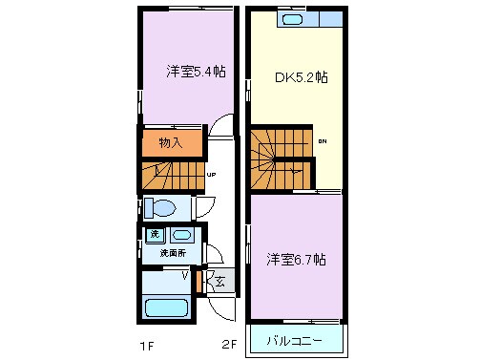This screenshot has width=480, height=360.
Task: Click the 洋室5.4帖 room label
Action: coord(196,71)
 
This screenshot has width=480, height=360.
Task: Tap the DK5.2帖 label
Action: coord(302,77)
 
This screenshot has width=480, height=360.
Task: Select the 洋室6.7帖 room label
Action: coord(295,259)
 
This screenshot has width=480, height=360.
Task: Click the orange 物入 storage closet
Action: coord(172,143)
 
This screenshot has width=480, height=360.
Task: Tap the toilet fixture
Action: coord(163,207)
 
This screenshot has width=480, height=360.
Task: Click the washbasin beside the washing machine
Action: coord(182,235)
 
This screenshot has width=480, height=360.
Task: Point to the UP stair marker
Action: coord(210,175)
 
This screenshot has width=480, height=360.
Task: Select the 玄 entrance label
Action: coord(219,282)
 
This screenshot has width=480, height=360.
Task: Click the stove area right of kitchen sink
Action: coord(328,19)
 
